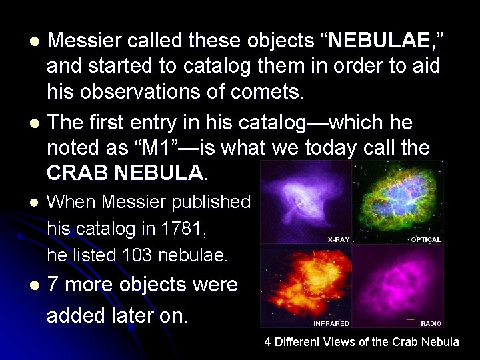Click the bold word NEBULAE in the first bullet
point(378,41)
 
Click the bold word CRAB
point(77,174)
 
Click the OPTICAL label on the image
point(425,239)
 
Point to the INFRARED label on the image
point(331,324)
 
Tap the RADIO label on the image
point(431,324)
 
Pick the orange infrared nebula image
point(305,283)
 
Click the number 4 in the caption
point(267,342)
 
